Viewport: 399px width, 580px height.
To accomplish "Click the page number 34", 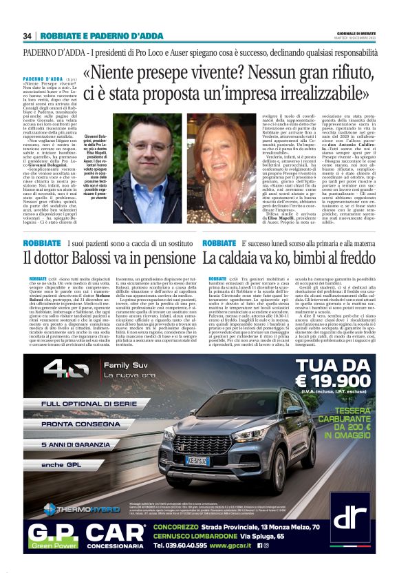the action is coord(28,36).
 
